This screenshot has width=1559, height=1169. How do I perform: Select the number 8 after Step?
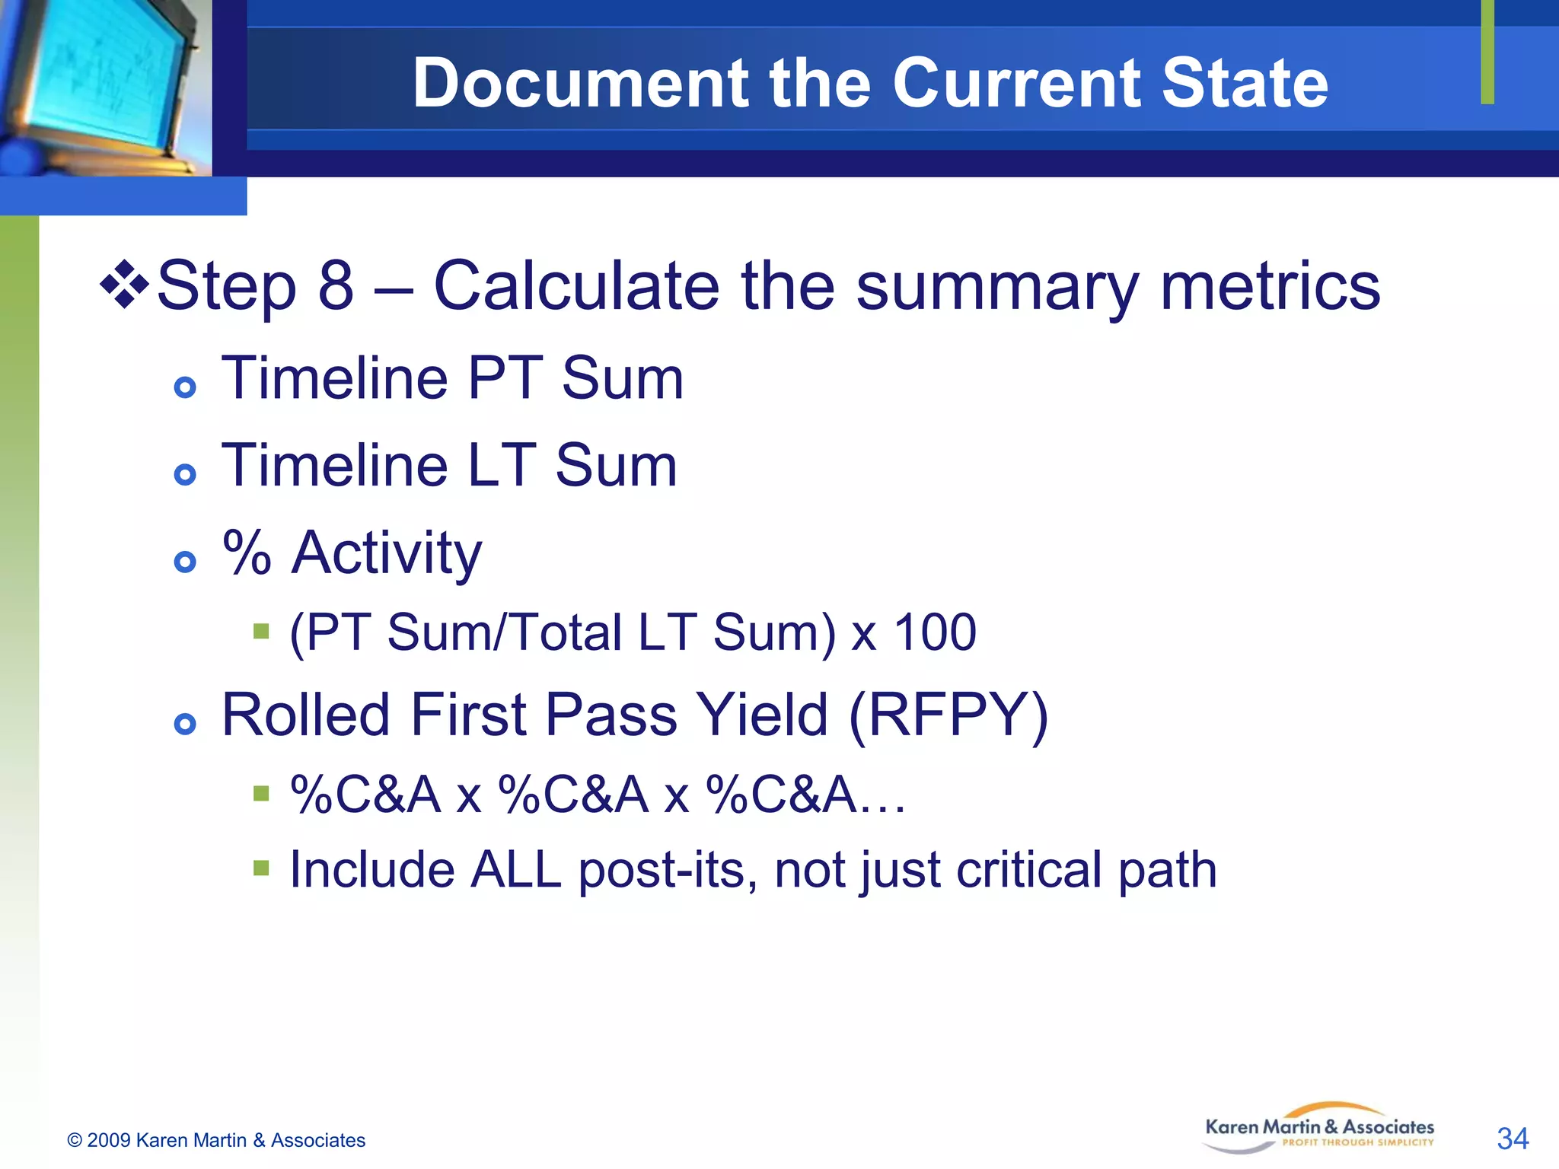[336, 285]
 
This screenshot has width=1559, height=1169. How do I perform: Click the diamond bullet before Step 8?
[124, 285]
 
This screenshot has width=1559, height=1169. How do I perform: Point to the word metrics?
[1270, 285]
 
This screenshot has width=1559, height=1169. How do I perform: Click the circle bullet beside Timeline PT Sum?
[185, 387]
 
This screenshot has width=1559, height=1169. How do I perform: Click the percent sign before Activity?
[247, 552]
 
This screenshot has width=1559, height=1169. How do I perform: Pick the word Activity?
[387, 553]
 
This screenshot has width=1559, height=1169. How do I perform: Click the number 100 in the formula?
[934, 632]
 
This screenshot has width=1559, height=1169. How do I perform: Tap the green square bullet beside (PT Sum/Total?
[261, 631]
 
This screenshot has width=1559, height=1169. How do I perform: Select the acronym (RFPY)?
[948, 715]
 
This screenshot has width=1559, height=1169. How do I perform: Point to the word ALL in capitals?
[515, 870]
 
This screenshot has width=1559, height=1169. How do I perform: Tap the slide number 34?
[1512, 1139]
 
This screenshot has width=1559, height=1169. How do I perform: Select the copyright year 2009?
[109, 1140]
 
